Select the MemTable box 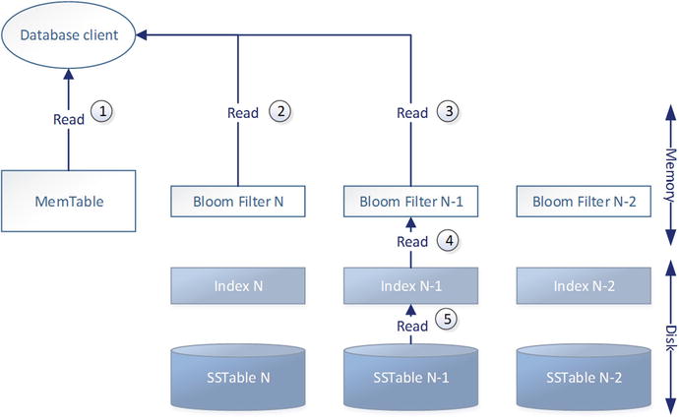pyautogui.click(x=68, y=204)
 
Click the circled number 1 pyautogui.click(x=102, y=113)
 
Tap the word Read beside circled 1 pyautogui.click(x=68, y=118)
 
